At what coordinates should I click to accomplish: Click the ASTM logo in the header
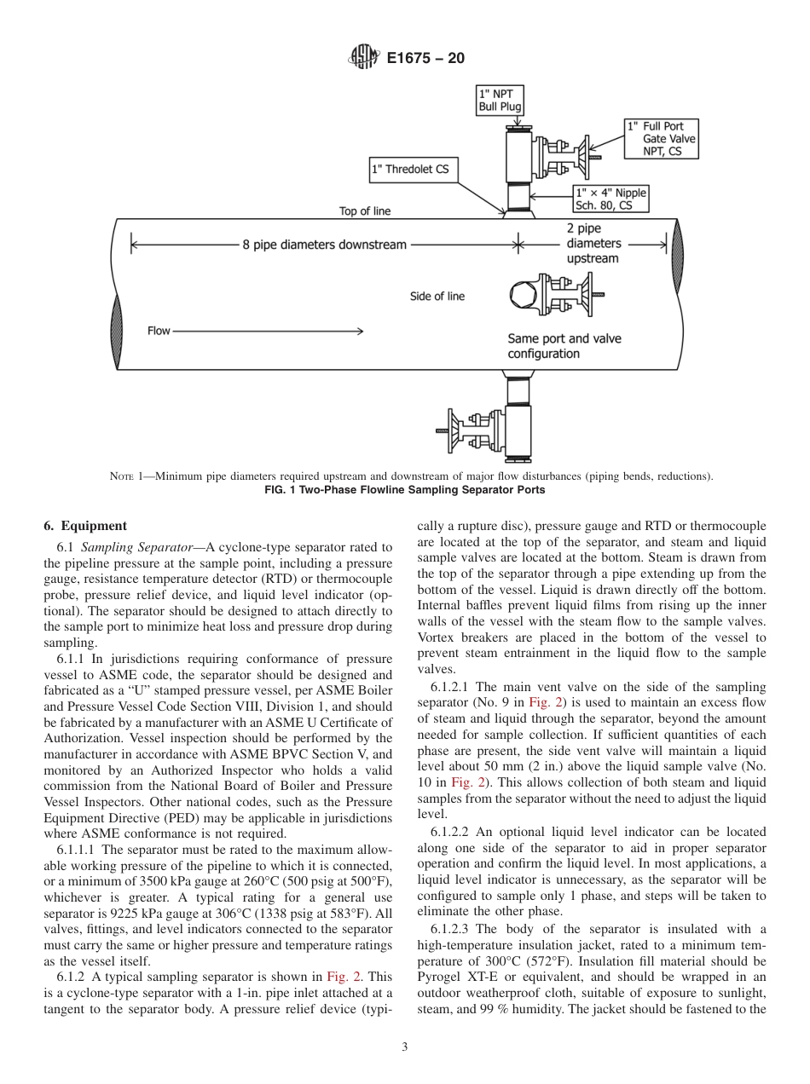[x=363, y=58]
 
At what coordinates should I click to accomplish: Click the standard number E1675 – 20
[x=425, y=59]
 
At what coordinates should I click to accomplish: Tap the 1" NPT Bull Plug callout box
[x=499, y=100]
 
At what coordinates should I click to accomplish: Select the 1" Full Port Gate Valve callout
[x=661, y=138]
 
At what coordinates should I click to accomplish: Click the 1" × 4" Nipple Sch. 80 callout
[x=610, y=199]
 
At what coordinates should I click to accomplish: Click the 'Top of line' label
[x=364, y=211]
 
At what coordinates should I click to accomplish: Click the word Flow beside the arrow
[x=159, y=331]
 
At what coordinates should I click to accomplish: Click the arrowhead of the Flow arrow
[x=361, y=331]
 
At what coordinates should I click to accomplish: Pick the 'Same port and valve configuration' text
[x=564, y=346]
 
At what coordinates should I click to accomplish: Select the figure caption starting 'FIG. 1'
[x=404, y=490]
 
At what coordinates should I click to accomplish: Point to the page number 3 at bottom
[x=404, y=1047]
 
